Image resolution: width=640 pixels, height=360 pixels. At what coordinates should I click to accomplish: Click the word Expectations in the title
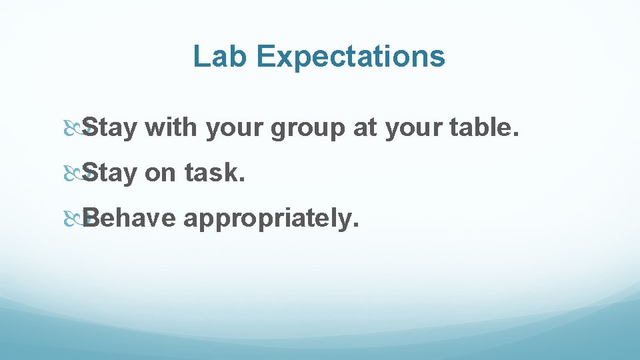point(351,57)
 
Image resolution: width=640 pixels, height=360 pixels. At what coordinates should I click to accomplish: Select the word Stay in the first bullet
point(111,127)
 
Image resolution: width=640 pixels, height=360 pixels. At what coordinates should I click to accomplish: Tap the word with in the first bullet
point(171,127)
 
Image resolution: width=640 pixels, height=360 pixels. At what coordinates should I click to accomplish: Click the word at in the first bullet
point(365,128)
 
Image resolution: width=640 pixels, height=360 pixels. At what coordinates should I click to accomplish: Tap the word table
point(479,127)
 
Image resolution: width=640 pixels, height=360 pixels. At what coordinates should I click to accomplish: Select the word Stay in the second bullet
point(111,173)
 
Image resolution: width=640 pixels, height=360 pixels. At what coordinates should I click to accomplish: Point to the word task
point(211,173)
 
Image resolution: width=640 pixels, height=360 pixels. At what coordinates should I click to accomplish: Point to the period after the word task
point(243,180)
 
